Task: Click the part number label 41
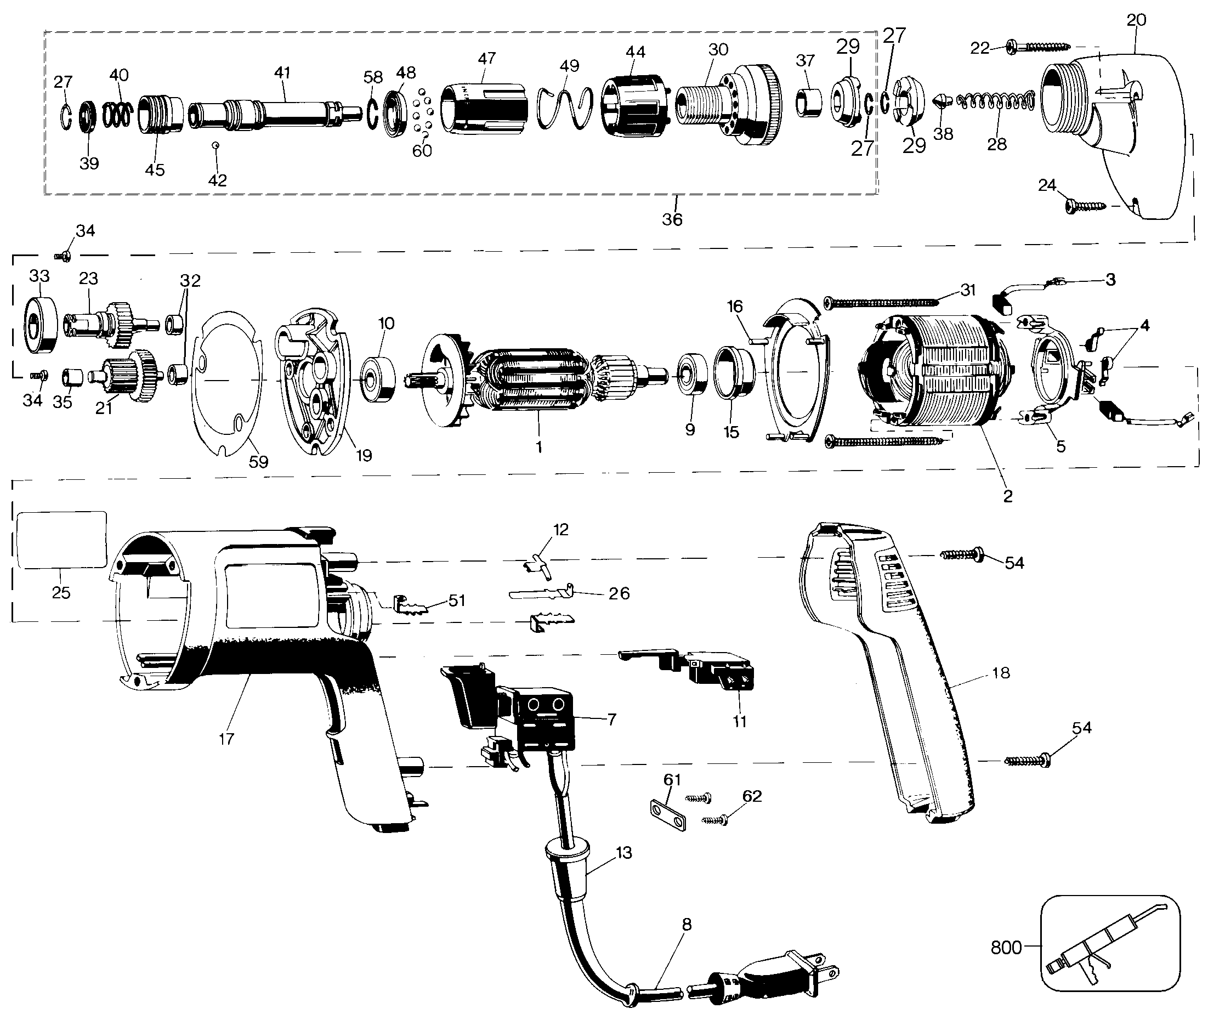[282, 72]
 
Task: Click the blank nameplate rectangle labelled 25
[62, 540]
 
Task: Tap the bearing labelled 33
[39, 325]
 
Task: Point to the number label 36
[672, 219]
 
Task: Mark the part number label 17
[226, 739]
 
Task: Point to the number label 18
[1000, 672]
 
